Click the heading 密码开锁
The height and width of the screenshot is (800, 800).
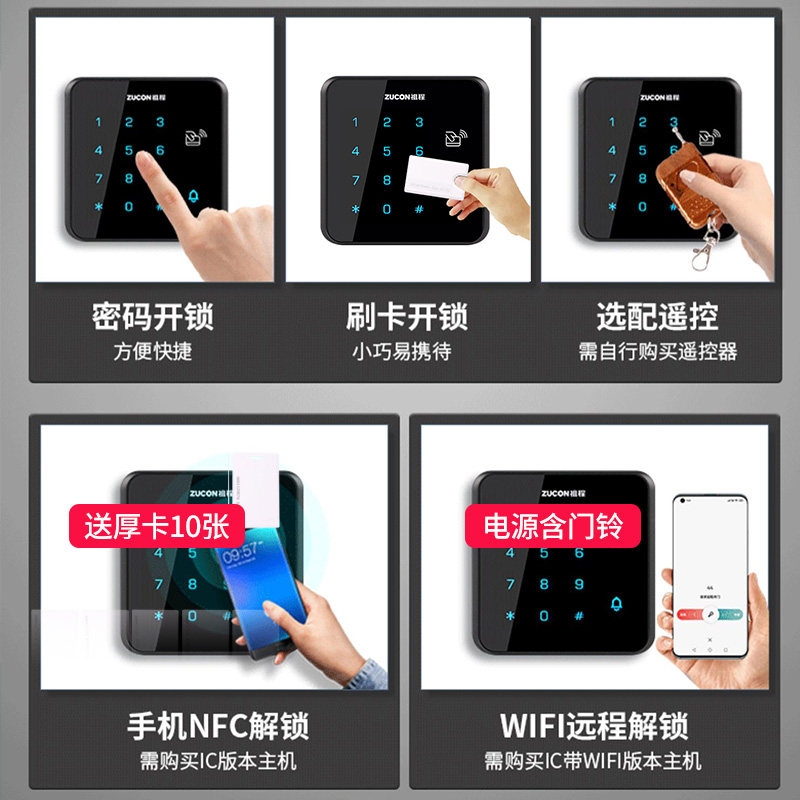point(152,317)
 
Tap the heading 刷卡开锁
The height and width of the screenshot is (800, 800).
point(407,317)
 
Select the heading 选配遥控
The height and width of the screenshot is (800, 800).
point(657,317)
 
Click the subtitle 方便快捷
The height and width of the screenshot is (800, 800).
point(152,352)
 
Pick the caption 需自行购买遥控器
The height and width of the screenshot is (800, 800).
point(657,352)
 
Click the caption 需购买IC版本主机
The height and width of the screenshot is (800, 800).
point(218,761)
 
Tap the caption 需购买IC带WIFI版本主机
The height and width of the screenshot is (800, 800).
point(594,761)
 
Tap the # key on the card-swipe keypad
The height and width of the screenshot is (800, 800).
point(419,210)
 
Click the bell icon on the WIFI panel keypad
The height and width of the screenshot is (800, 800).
point(616,602)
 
